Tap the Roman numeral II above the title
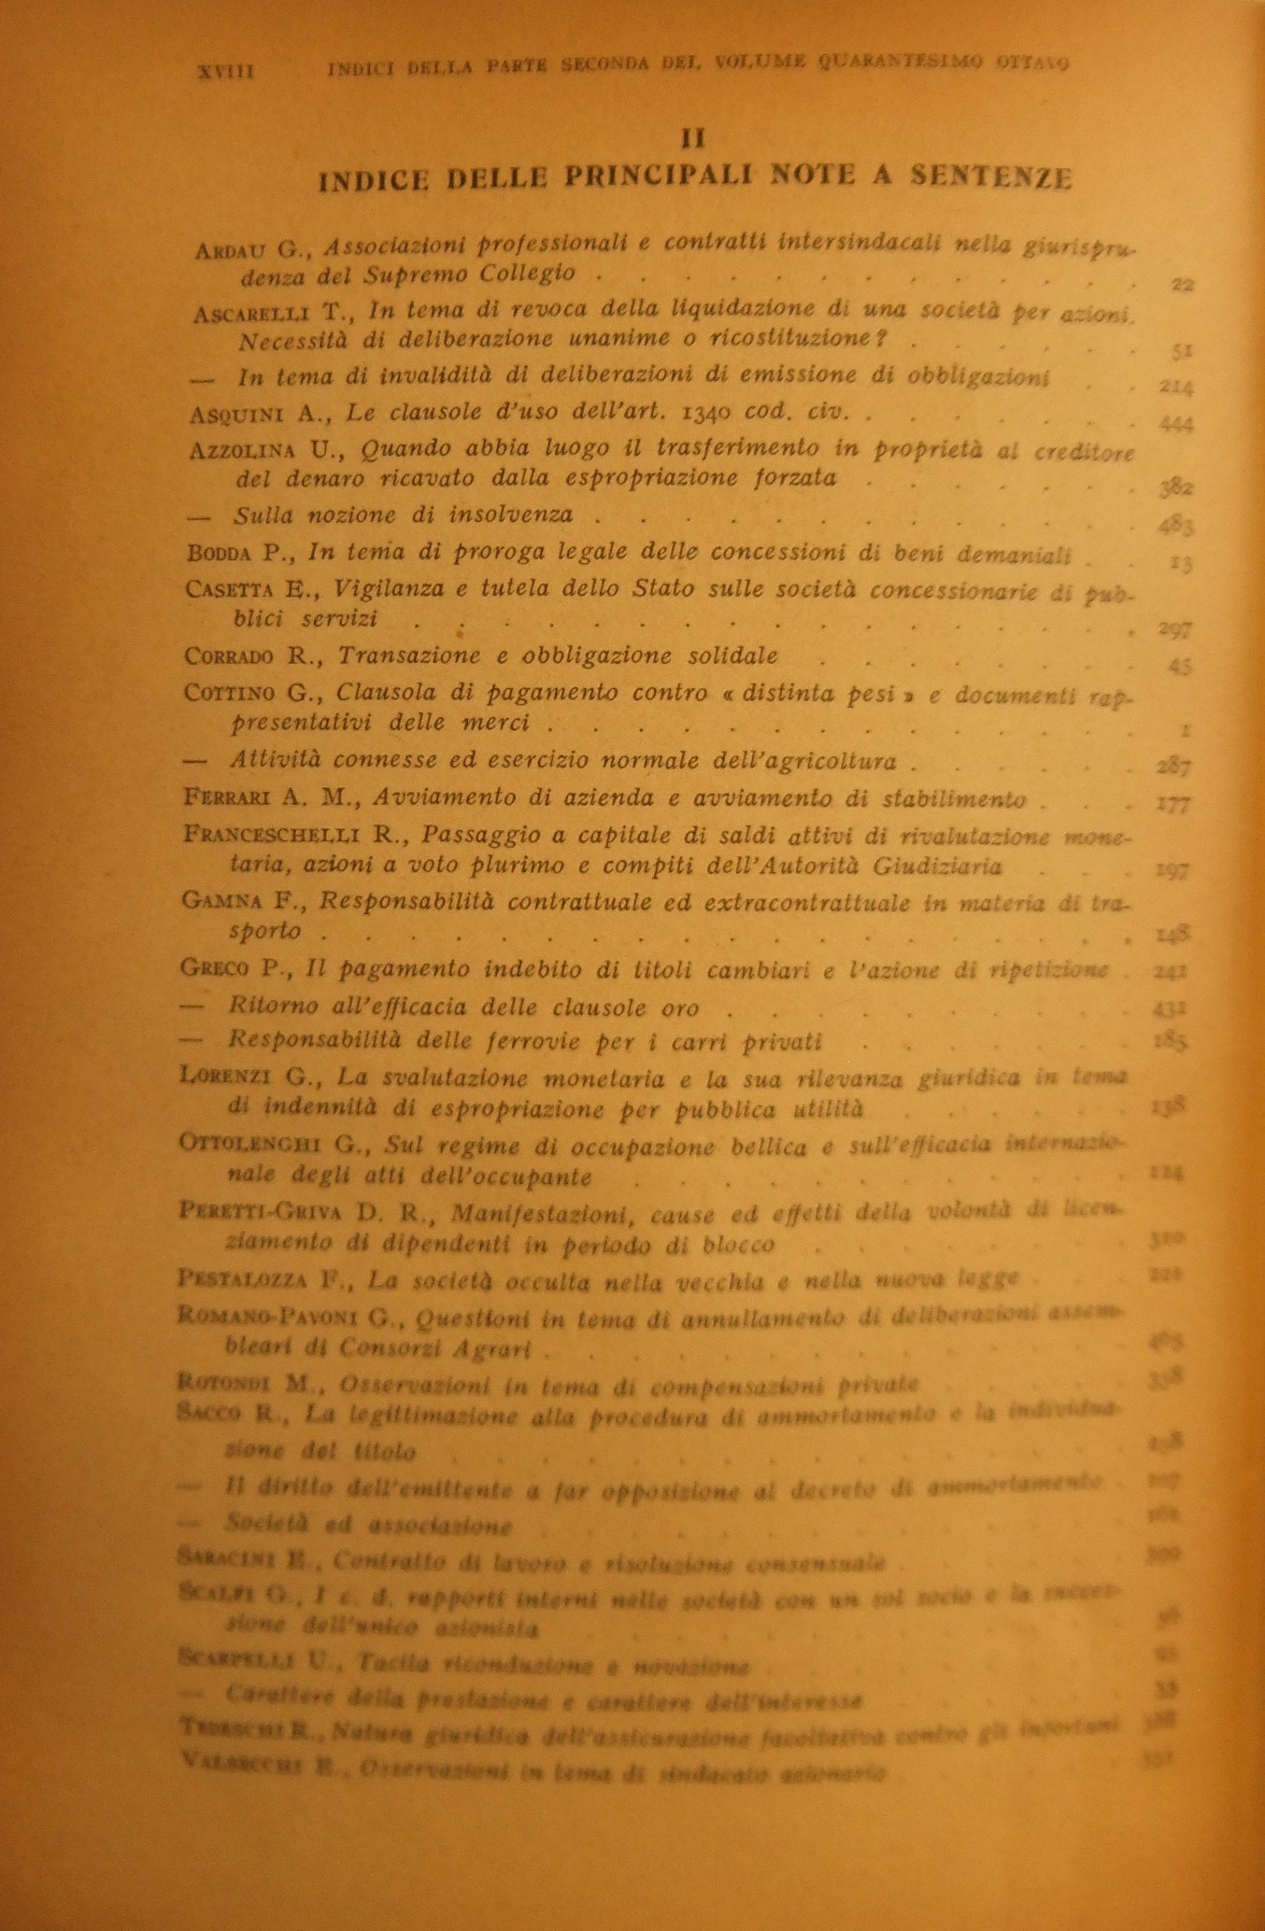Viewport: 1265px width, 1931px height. (x=692, y=137)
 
